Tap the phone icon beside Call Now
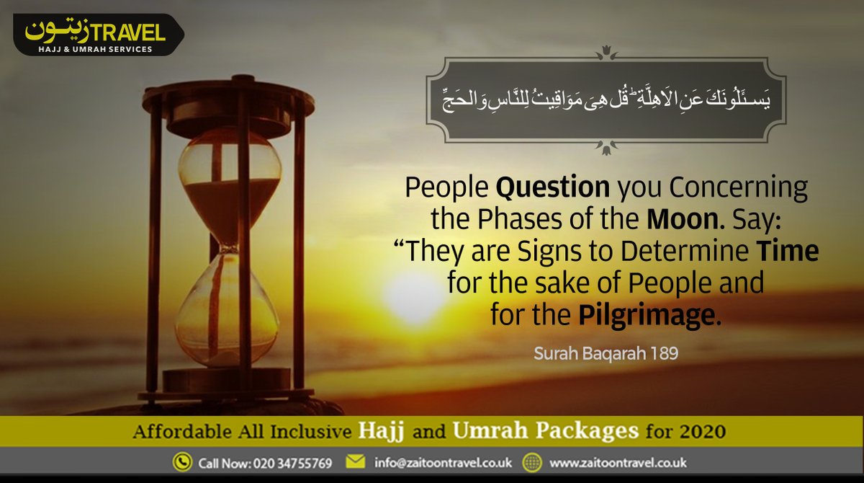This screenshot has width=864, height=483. pyautogui.click(x=182, y=462)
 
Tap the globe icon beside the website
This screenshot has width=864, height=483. pyautogui.click(x=532, y=462)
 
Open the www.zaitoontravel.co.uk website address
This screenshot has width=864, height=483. pyautogui.click(x=618, y=462)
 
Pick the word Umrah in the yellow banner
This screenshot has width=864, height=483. pyautogui.click(x=485, y=432)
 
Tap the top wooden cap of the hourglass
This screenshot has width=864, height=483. pyautogui.click(x=229, y=97)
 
